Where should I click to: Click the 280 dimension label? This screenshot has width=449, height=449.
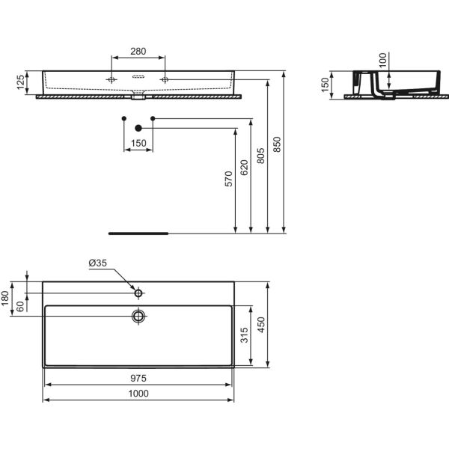tap(138, 51)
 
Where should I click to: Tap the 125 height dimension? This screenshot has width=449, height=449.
tap(21, 82)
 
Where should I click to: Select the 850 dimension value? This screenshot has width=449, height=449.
tap(277, 144)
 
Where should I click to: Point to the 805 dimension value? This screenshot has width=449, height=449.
tap(260, 156)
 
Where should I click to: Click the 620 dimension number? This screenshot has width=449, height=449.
tap(244, 168)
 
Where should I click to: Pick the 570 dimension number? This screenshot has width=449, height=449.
tap(228, 179)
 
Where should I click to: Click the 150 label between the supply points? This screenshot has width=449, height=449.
tap(138, 143)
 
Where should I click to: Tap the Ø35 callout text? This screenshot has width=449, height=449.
tap(97, 263)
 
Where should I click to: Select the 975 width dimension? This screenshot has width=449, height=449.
tap(138, 378)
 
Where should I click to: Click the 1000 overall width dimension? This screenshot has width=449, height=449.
tap(138, 394)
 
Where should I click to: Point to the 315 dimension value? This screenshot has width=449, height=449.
tap(244, 335)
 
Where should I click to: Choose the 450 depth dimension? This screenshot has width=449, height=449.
tap(261, 325)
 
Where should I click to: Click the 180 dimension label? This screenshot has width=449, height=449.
tap(5, 298)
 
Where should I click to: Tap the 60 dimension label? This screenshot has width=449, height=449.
tap(20, 306)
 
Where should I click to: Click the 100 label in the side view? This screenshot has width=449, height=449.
tap(382, 60)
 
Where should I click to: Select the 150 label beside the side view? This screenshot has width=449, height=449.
tap(325, 85)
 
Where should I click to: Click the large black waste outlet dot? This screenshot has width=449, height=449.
tap(138, 128)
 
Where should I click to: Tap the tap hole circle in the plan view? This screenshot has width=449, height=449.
tap(138, 293)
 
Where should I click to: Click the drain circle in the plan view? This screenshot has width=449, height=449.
tap(138, 316)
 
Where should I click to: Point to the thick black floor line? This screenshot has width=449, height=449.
tap(138, 233)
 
